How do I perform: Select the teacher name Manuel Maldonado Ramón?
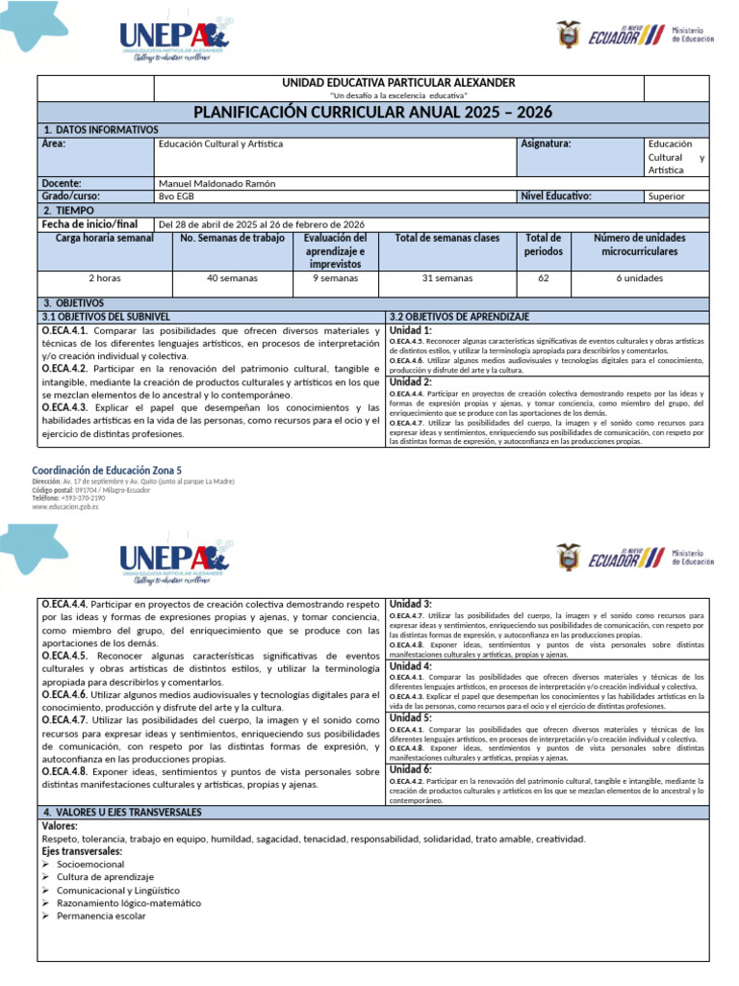(216, 183)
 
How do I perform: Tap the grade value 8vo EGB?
(175, 195)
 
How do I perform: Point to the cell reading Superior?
(667, 195)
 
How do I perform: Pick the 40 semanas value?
(233, 278)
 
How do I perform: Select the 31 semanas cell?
(447, 278)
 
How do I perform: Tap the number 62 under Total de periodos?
(543, 278)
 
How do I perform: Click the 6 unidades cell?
(639, 278)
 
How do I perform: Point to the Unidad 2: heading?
(410, 381)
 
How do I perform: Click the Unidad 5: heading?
(410, 717)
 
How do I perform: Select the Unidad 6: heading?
(410, 769)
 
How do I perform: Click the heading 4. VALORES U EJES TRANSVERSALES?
(122, 813)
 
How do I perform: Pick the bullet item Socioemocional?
(90, 864)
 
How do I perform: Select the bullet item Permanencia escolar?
(101, 916)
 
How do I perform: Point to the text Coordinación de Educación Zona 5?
(106, 469)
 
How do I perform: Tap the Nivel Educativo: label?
(555, 195)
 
